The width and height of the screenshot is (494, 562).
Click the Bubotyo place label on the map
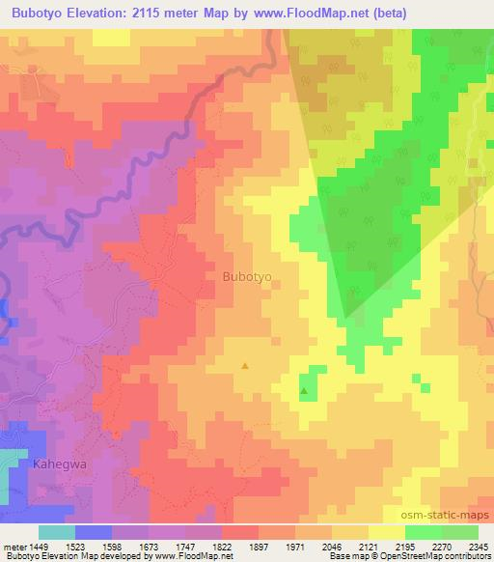pos(247,276)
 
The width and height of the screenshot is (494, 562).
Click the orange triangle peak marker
pos(245,366)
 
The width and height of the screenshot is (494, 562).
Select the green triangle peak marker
pos(304,391)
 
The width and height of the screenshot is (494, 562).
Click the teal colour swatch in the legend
pos(57,532)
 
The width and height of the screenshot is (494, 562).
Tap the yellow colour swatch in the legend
pos(387,532)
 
